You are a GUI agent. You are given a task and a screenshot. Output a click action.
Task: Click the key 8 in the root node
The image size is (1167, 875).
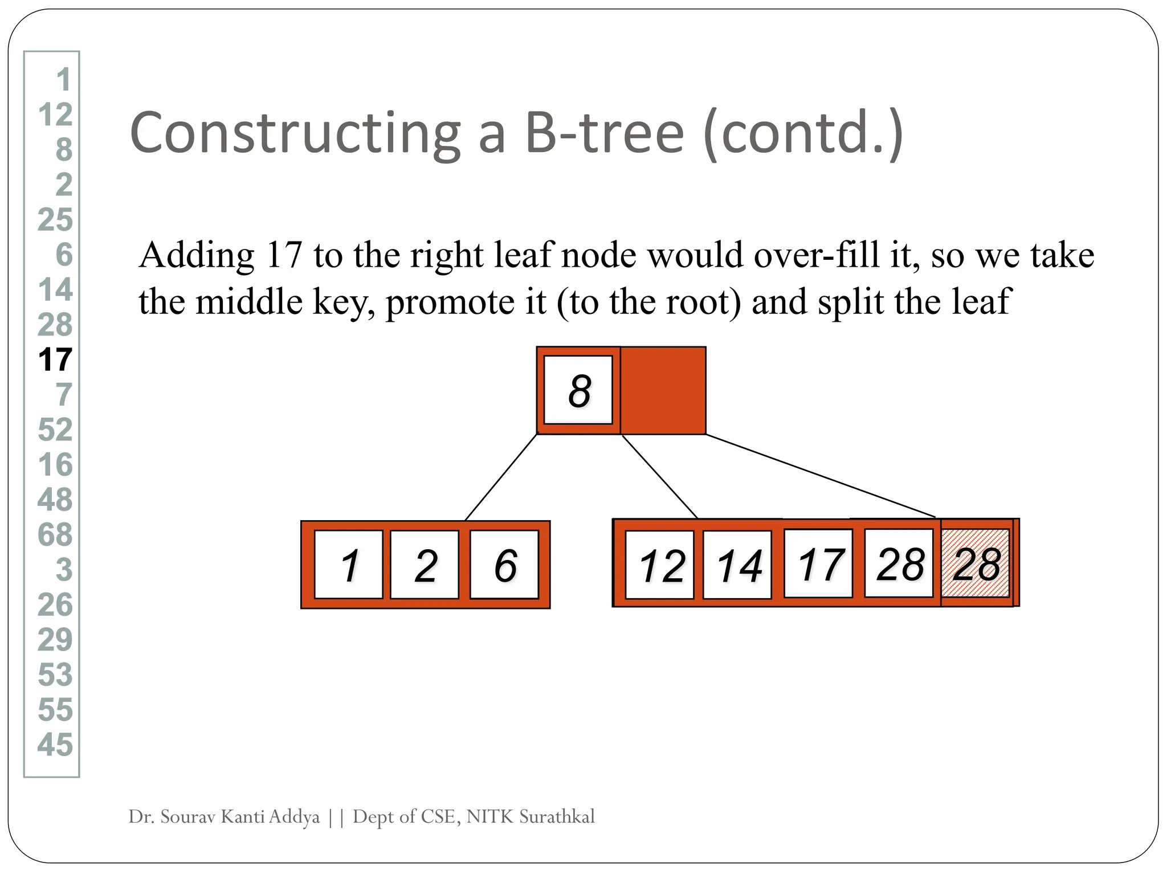point(578,391)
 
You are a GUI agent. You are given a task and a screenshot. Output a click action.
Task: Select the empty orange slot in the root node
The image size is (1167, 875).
point(663,391)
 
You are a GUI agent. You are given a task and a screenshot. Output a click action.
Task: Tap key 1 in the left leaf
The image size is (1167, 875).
point(349,565)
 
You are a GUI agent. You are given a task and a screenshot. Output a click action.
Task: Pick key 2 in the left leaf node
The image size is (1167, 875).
point(425,565)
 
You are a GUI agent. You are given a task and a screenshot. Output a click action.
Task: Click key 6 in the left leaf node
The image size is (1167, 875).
point(504,565)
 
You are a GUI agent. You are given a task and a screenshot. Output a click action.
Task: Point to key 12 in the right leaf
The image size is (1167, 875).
point(660,566)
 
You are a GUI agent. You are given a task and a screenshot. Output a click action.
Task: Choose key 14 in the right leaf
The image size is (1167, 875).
point(738,566)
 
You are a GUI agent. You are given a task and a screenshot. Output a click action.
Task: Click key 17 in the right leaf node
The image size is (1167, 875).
point(819,565)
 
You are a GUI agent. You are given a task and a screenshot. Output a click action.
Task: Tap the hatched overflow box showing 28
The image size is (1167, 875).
point(976,563)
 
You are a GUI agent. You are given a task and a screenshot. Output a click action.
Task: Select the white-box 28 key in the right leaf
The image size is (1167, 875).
point(899,563)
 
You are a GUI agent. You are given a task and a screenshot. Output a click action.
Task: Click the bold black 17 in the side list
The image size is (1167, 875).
point(55,360)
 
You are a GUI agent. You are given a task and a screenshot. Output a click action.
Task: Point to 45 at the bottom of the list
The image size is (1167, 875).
point(55,745)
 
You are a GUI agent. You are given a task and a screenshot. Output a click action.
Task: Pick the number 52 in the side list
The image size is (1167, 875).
point(55,430)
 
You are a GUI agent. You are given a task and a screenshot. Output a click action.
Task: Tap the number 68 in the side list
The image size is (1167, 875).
point(55,535)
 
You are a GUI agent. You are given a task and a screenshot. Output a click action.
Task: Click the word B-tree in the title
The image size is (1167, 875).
point(604,133)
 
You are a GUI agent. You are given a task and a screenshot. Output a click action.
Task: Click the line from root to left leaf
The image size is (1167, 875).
point(501,477)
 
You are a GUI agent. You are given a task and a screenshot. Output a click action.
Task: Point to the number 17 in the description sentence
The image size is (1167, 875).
point(284,255)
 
